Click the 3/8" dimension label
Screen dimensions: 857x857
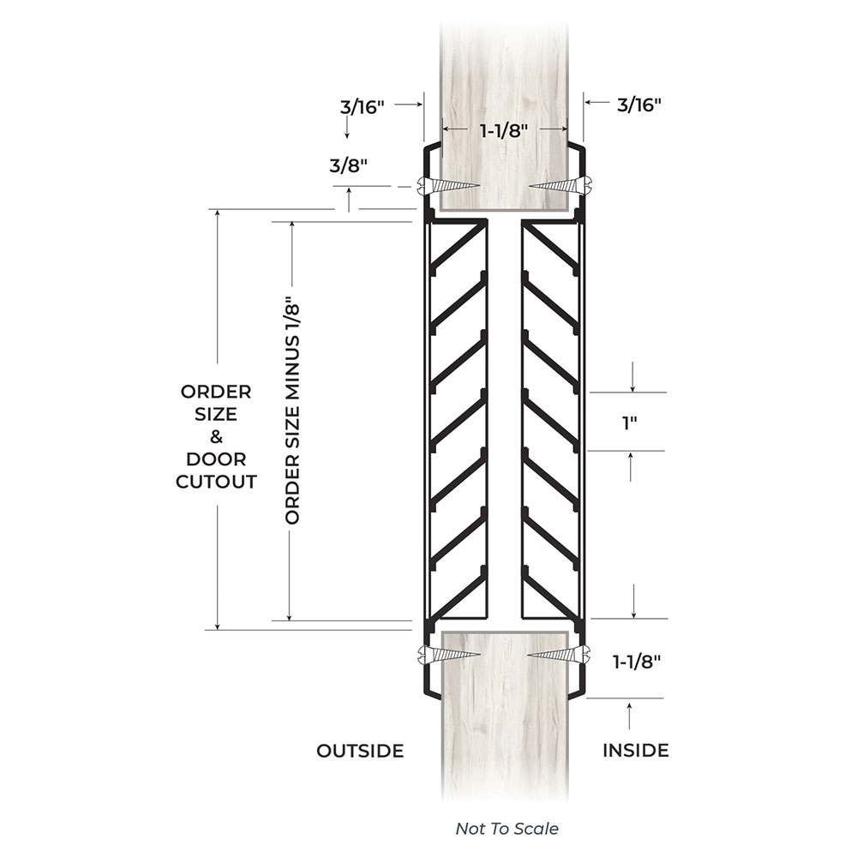tap(348, 165)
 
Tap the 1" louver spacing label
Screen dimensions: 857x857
tap(630, 423)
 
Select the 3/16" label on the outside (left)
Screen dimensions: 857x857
tap(363, 107)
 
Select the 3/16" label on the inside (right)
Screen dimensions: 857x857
tap(639, 105)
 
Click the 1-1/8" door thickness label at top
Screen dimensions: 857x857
tap(504, 130)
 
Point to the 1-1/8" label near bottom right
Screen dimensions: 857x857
tap(636, 662)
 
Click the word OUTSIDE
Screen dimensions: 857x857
tap(360, 751)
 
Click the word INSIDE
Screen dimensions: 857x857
tap(636, 751)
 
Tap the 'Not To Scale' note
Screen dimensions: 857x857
tap(506, 829)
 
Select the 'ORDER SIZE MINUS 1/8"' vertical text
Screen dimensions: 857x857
tap(292, 414)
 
